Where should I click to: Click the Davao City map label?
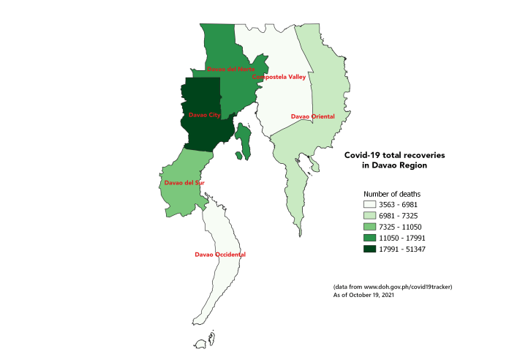coord(204,116)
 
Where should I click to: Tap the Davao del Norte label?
coord(226,70)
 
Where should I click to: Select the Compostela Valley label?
coord(279,77)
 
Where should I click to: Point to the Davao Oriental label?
coord(312,116)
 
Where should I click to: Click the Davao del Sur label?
coord(184,183)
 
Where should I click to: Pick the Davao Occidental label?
coord(220,255)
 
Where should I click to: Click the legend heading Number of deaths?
coord(391,193)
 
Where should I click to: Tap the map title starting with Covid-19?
coord(394,161)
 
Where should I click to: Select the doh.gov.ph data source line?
coord(393,286)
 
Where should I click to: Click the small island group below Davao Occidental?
coord(211,338)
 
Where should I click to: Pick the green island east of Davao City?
coord(244,140)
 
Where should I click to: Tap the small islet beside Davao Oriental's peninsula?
coord(315,168)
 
